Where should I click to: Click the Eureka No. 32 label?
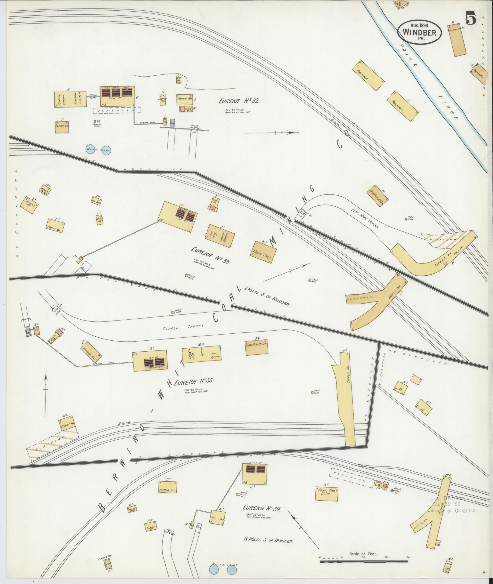tap(239, 101)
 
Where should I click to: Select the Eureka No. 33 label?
tap(210, 255)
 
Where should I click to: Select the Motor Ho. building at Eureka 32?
tap(184, 99)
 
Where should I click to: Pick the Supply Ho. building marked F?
tap(62, 126)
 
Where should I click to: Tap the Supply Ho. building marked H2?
tap(68, 424)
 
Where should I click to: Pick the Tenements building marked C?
tap(369, 75)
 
